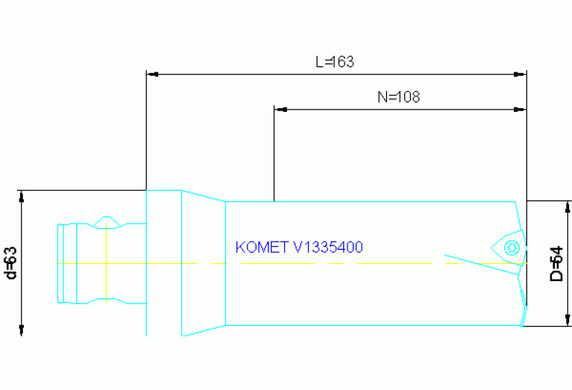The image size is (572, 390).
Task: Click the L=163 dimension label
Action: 334,63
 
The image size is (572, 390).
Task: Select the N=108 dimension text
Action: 399,97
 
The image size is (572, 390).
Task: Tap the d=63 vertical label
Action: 10,262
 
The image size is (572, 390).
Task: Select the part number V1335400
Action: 329,248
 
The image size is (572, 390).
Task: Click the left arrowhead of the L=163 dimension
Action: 151,75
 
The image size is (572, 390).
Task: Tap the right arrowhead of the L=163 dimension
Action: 521,75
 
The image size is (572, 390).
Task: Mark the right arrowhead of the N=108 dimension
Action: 521,110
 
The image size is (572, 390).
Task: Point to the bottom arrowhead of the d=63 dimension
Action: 22,331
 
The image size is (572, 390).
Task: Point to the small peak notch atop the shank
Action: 108,219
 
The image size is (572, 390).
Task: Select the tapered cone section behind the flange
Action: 203,262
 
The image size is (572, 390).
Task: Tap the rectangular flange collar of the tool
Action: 163,262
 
